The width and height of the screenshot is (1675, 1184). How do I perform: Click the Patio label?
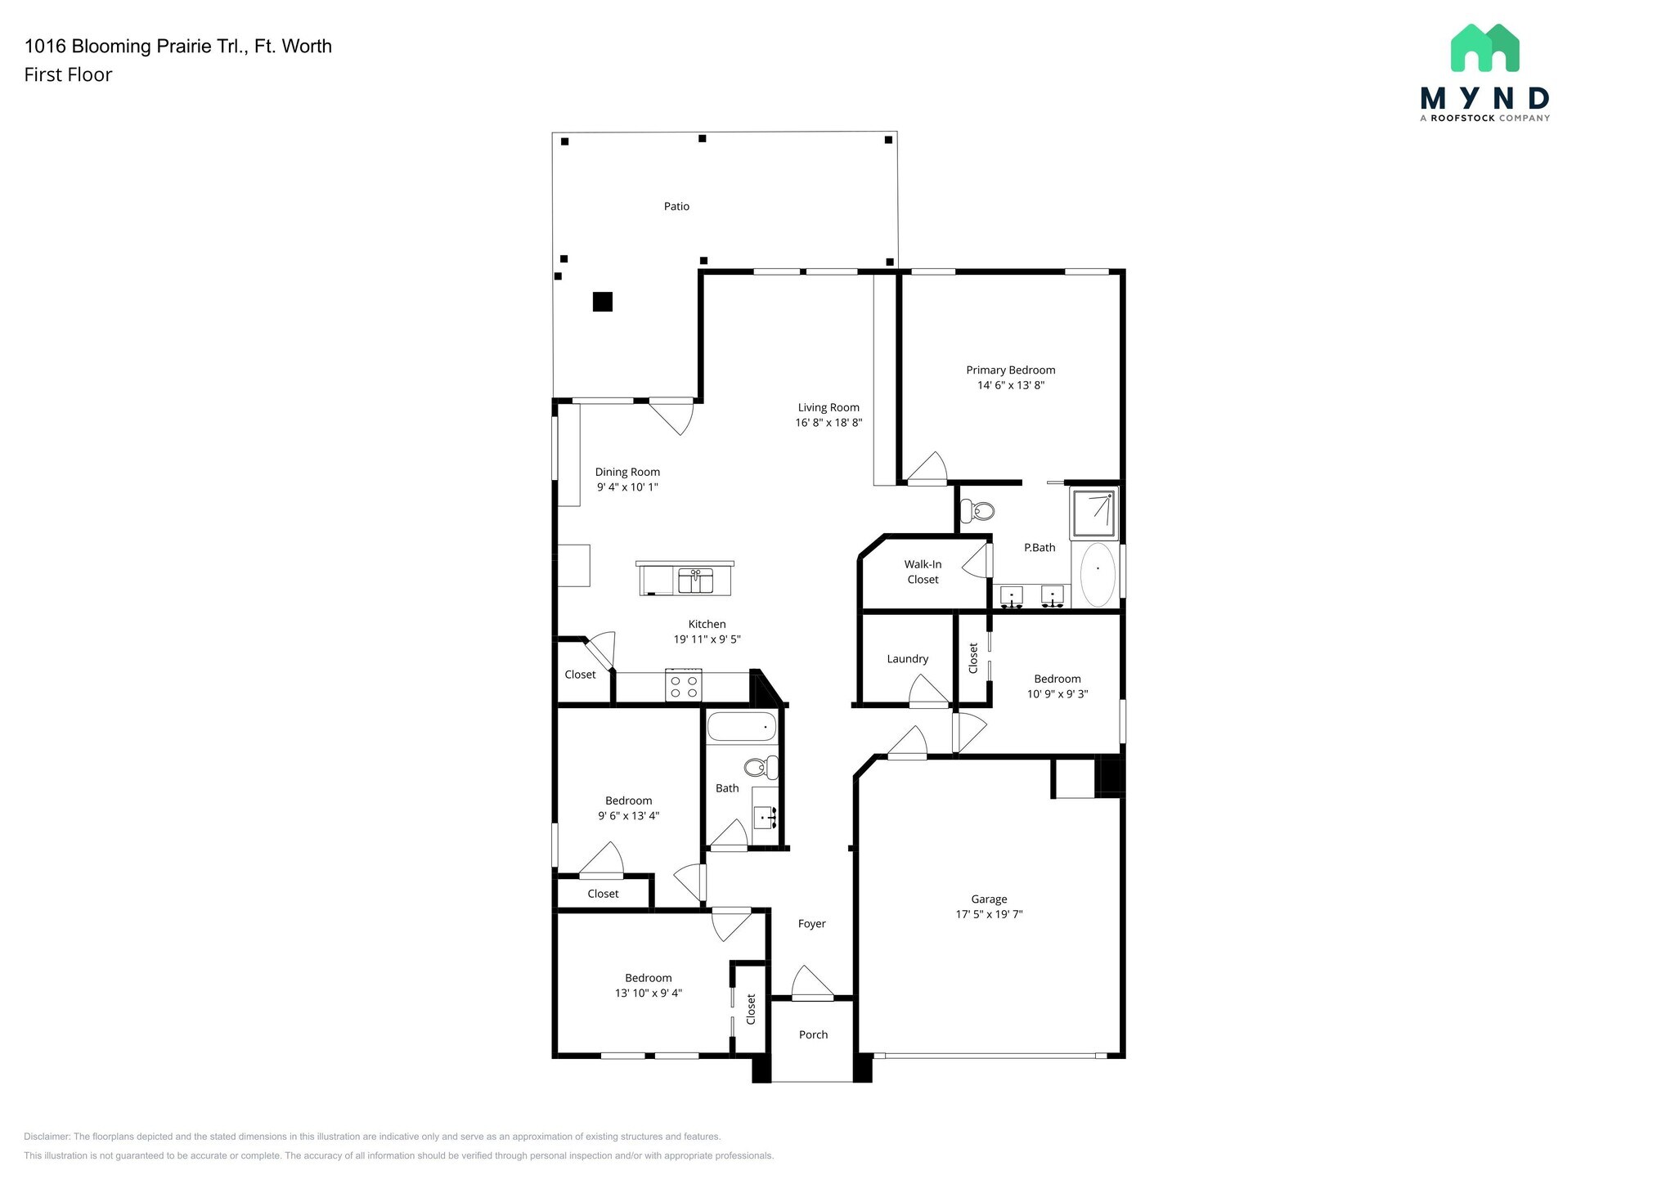676,207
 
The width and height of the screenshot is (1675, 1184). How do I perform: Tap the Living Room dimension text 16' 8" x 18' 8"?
829,423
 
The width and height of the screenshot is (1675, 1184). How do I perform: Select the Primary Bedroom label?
1011,370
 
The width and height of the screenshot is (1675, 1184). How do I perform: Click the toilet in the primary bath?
977,512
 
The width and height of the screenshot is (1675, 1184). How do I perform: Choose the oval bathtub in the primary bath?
1098,574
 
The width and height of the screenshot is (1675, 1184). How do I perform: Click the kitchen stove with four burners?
684,685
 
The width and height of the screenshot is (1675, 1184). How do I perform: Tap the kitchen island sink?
696,581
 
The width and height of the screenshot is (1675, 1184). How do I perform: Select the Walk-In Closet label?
923,572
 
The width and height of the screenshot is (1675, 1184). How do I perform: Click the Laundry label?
908,659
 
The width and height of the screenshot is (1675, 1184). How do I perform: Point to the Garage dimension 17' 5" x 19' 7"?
990,914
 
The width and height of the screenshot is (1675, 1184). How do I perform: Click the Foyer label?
812,924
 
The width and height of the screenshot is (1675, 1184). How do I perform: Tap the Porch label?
814,1035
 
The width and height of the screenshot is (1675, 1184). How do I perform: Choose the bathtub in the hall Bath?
742,727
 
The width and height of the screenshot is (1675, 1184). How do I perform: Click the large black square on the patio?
603,302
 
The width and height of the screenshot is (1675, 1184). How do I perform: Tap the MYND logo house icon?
1484,47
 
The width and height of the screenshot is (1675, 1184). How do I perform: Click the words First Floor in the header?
68,75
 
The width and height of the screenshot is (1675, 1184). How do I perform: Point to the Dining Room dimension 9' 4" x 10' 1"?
627,487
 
